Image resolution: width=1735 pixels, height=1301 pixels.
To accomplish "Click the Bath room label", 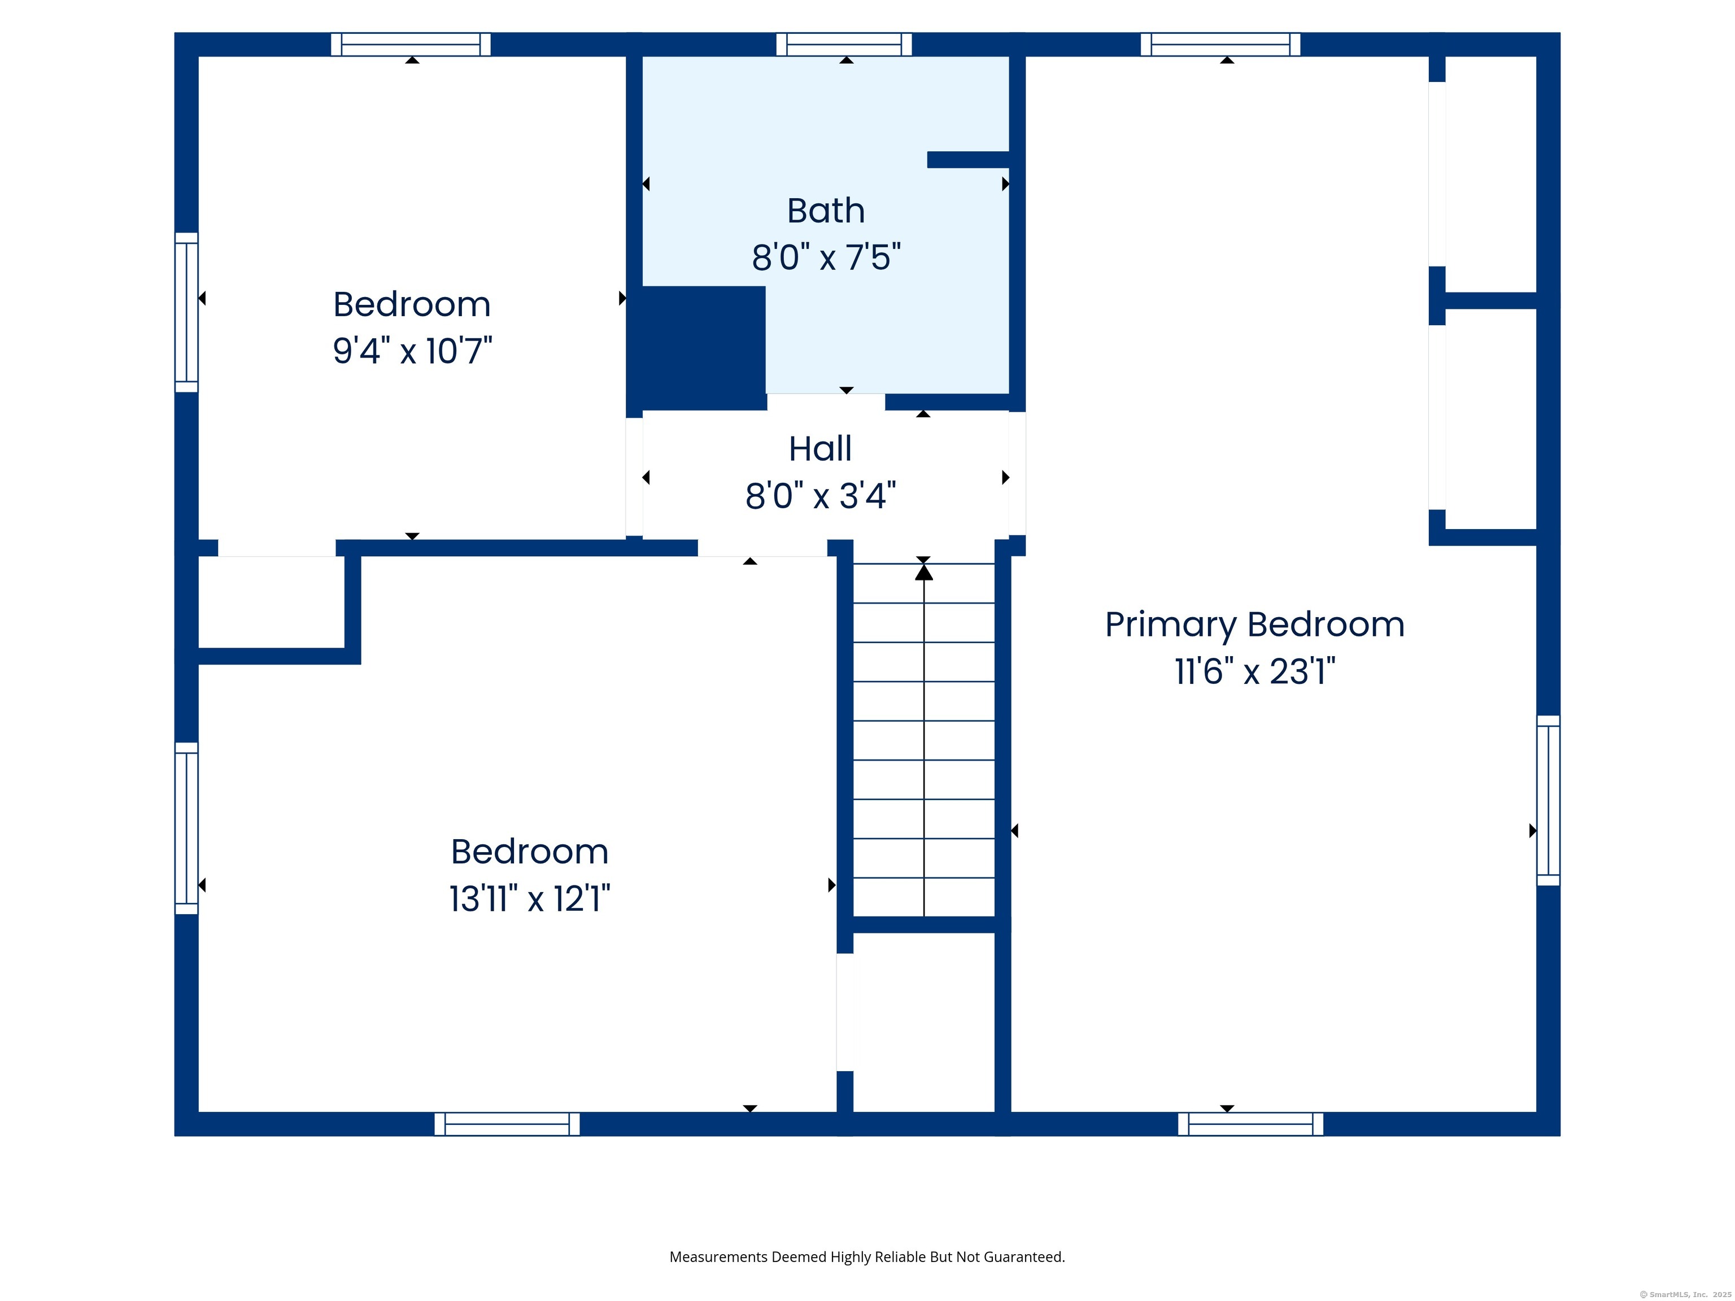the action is (x=826, y=211).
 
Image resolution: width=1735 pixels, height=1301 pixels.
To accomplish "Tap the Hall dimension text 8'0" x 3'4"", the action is (x=821, y=496).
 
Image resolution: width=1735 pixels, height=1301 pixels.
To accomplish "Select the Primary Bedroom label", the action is (x=1255, y=625).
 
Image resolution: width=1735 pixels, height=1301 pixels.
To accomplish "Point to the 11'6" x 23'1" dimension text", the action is (x=1255, y=671).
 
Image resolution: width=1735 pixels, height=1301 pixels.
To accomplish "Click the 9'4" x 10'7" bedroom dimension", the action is (x=413, y=351).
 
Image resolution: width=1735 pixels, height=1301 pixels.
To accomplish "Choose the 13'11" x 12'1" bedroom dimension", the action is (x=529, y=899).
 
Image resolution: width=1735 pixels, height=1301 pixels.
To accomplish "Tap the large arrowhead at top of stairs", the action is (x=924, y=573).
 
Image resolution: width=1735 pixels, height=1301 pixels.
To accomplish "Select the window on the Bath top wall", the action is (x=844, y=45).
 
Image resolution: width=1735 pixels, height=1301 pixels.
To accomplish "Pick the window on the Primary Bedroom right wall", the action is (x=1548, y=800).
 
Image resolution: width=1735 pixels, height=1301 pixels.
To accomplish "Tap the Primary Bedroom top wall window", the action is (x=1220, y=45).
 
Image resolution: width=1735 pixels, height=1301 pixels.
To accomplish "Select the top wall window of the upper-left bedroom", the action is (x=411, y=45).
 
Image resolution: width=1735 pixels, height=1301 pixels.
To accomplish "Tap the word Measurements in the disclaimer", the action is (x=718, y=1257).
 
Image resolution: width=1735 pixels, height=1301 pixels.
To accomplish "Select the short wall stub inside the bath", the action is (x=968, y=160).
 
